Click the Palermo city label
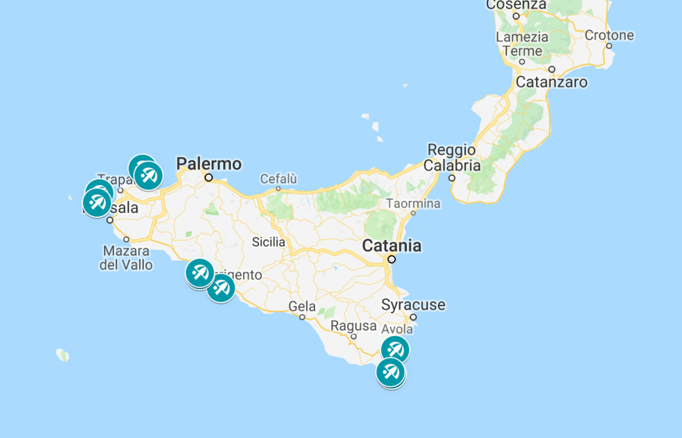coord(209,164)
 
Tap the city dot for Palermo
coord(209,178)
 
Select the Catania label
coord(392,246)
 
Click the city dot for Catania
coord(392,260)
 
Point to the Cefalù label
coord(278,179)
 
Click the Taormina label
coord(413,203)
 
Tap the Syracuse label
coord(413,305)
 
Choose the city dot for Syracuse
coord(413,317)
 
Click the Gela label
coord(302,306)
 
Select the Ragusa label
coord(353,326)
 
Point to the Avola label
coord(397,329)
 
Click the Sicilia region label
coord(269,242)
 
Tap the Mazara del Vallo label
coord(126,258)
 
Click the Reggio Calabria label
coord(452,157)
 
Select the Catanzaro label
coord(551,82)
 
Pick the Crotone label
coord(609,35)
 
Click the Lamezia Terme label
coord(522,44)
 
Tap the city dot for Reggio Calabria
coord(452,178)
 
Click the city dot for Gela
coord(302,317)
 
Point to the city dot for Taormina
coord(413,213)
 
